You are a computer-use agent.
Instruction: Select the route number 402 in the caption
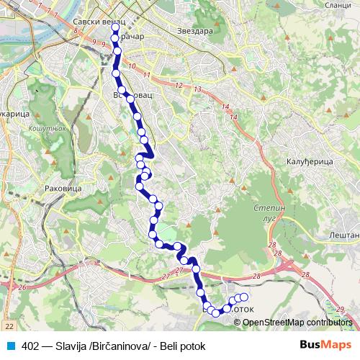(x=31, y=344)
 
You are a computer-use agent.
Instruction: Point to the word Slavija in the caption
(x=73, y=344)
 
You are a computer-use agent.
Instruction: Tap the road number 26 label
(x=22, y=287)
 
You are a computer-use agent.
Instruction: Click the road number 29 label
(x=339, y=309)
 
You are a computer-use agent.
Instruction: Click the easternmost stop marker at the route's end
(x=243, y=297)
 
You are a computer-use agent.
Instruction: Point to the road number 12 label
(x=178, y=85)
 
